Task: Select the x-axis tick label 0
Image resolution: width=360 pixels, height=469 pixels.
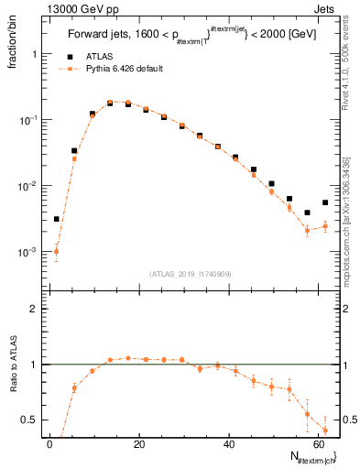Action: click(x=49, y=444)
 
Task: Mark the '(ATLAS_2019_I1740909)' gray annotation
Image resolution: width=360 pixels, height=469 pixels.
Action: click(x=190, y=274)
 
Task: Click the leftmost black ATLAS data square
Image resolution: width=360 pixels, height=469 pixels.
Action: click(x=56, y=219)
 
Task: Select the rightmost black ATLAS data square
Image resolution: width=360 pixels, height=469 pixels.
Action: click(x=325, y=202)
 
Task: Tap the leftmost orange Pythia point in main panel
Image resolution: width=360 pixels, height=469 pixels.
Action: click(x=56, y=251)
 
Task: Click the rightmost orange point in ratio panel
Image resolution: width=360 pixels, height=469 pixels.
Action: click(x=325, y=430)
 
